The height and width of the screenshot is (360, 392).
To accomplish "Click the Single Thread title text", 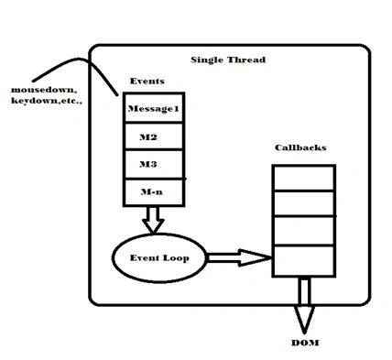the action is point(228,60).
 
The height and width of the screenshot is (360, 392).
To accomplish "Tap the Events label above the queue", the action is point(147,82).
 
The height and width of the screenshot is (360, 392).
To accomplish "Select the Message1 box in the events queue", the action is point(154,107).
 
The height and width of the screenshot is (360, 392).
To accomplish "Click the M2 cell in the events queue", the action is point(154,136).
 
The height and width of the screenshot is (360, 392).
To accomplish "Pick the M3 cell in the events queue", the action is point(154,164).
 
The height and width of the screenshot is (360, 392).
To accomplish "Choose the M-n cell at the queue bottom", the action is point(154,192).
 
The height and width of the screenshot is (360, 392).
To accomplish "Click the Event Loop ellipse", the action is point(159,258).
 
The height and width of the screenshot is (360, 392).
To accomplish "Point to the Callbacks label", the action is point(300,147).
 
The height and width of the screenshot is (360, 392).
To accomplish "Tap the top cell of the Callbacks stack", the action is point(304,178).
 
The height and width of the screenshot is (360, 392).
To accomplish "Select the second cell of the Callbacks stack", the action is point(304,203).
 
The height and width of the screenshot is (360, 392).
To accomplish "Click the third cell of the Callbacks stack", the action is point(304,231).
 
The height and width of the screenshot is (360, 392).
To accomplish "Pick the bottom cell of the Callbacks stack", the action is point(304,261).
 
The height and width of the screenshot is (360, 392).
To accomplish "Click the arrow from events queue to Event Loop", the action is point(153,220).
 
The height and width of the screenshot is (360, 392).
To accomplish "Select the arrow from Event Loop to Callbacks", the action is point(239,258).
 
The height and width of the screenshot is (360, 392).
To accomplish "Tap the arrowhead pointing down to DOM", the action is point(304,320).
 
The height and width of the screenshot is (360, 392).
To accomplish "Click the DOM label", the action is point(305,343).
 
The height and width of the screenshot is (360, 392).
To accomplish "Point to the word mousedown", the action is point(43,90).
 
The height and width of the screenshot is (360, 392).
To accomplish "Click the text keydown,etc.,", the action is point(47,101).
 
